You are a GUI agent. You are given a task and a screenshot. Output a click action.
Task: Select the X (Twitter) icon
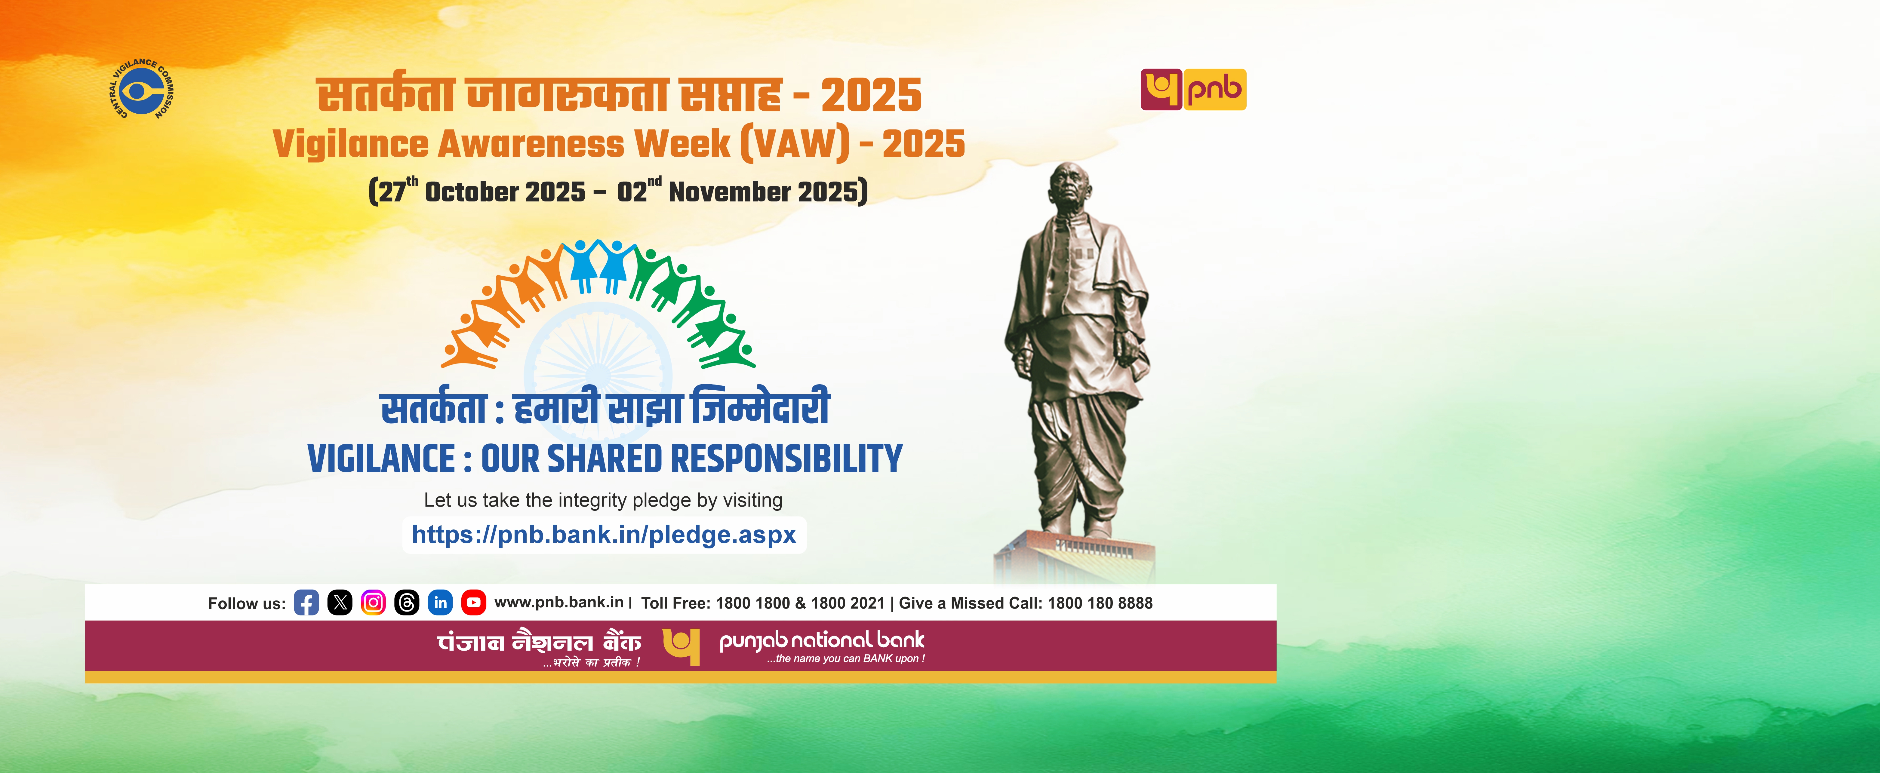(339, 603)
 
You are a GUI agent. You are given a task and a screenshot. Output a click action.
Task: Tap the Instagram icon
(373, 603)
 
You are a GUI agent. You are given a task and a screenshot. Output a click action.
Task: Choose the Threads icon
(407, 603)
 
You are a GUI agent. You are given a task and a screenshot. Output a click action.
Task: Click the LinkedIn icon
(440, 603)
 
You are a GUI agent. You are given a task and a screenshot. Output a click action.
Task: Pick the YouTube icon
(474, 603)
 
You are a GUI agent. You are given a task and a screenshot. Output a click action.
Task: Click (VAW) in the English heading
(795, 144)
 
